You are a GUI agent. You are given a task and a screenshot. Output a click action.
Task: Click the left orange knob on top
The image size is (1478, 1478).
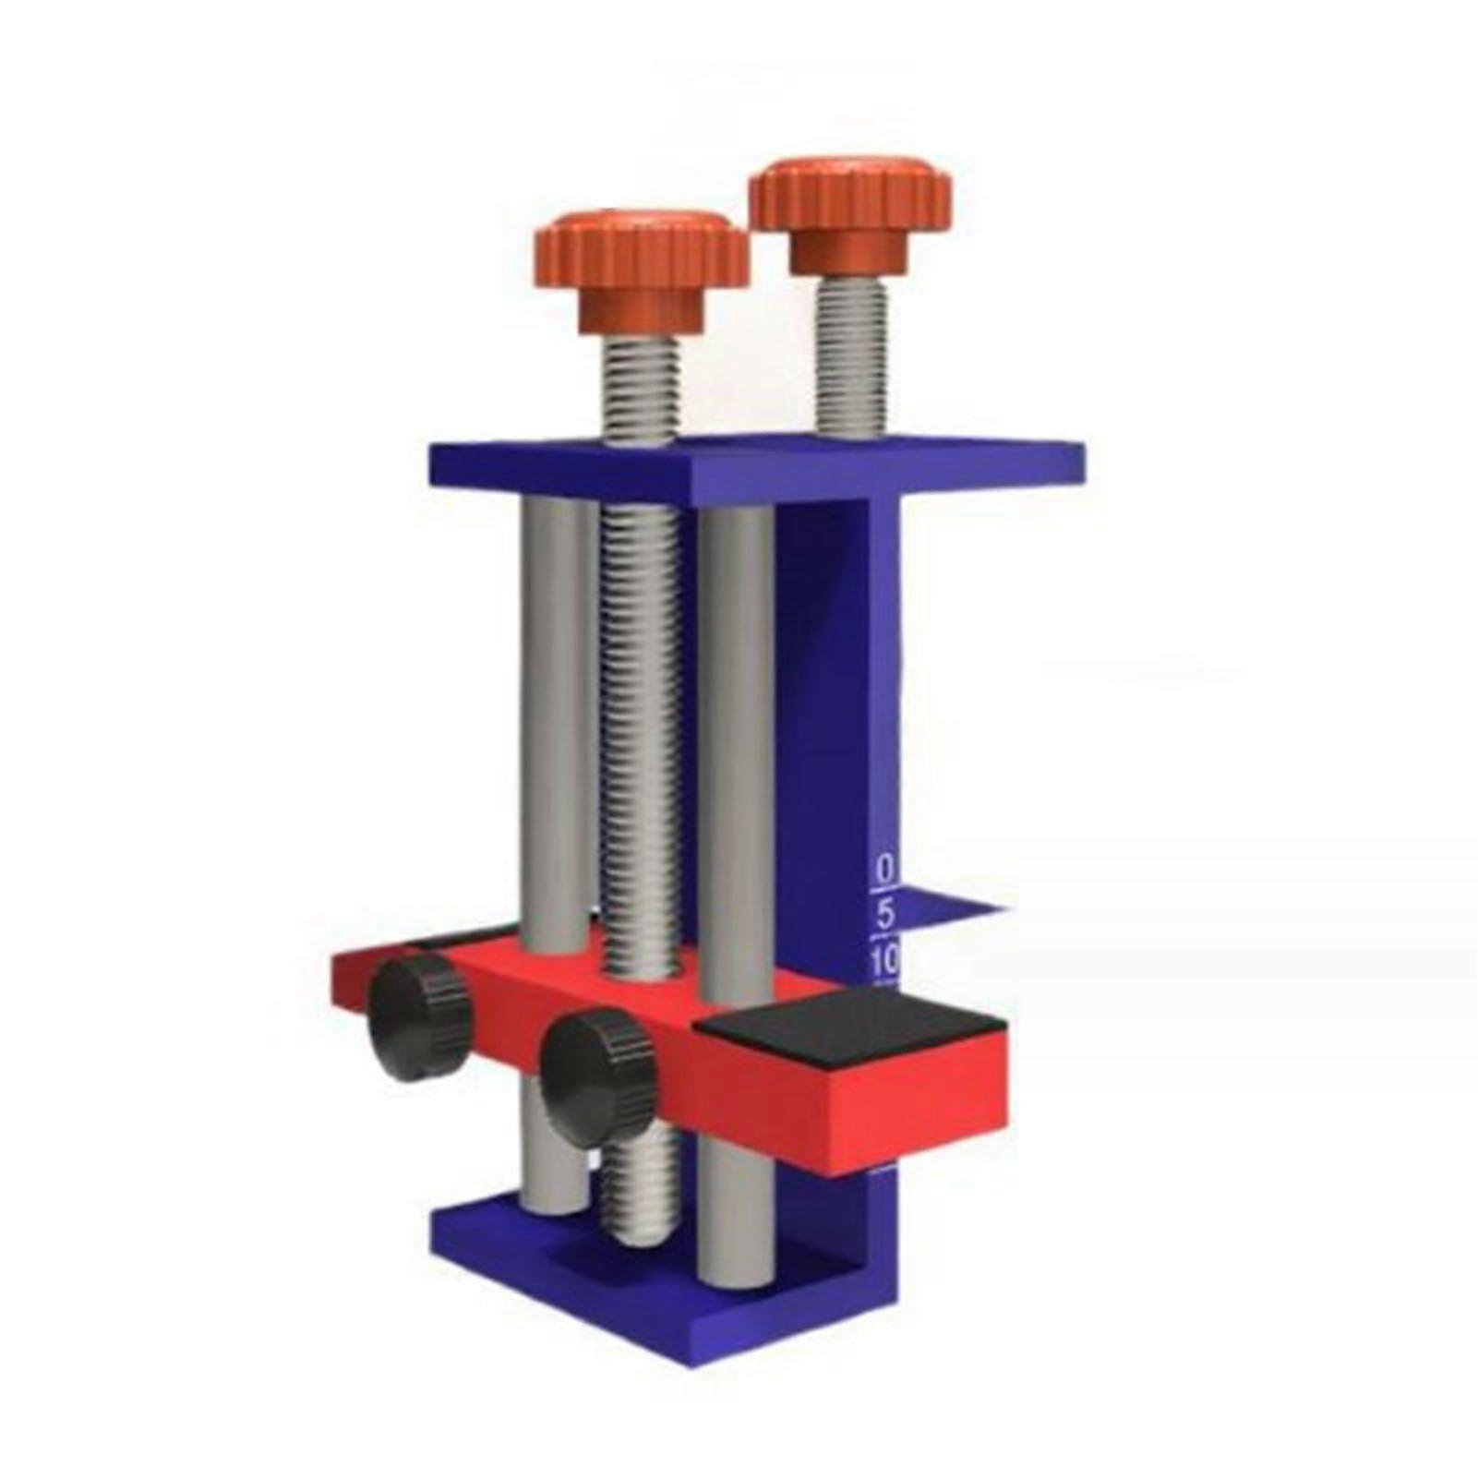click(642, 249)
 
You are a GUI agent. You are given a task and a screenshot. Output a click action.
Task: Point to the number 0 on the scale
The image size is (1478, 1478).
click(884, 869)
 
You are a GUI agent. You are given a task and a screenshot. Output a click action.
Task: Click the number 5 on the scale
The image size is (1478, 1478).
click(884, 915)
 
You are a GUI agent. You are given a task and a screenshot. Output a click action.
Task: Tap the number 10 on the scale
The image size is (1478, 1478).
click(884, 963)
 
